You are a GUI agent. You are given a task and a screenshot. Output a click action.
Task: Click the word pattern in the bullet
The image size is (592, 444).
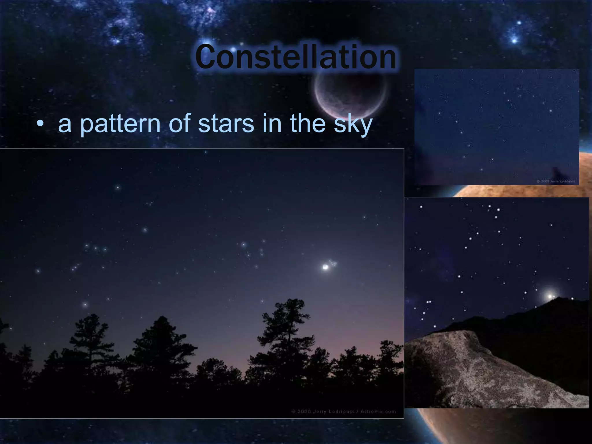[x=120, y=124]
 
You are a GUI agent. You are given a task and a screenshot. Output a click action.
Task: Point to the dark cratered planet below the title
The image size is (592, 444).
[x=351, y=92]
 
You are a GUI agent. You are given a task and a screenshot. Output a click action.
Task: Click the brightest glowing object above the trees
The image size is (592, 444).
[x=326, y=267]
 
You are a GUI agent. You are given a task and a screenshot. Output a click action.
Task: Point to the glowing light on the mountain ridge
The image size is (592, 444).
[x=550, y=296]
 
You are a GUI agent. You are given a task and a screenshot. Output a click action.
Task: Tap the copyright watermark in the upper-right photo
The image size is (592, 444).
[x=555, y=181]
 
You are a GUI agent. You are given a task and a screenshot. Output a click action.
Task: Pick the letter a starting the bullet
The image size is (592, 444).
[x=64, y=125]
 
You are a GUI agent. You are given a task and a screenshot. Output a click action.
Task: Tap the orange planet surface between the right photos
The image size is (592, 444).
[x=491, y=191]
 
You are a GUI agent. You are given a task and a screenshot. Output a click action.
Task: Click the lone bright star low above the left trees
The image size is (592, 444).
[x=85, y=305]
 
